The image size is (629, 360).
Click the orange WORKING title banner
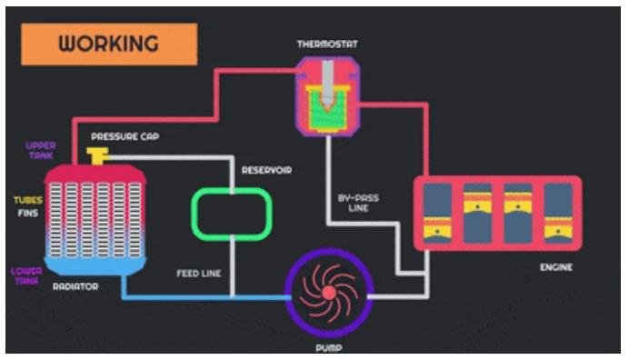pyautogui.click(x=109, y=45)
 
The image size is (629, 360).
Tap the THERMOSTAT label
pyautogui.click(x=327, y=45)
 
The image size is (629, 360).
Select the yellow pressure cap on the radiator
pyautogui.click(x=97, y=155)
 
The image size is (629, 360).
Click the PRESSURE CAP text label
pyautogui.click(x=125, y=136)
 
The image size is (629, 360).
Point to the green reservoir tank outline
pyautogui.click(x=232, y=192)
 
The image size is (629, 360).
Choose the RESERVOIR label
pyautogui.click(x=266, y=170)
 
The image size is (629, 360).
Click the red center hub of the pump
pyautogui.click(x=329, y=293)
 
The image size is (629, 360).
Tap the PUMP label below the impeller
pyautogui.click(x=329, y=348)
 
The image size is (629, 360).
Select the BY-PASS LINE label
pyautogui.click(x=358, y=203)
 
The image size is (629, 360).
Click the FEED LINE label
pyautogui.click(x=199, y=274)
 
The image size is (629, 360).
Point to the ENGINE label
pyautogui.click(x=556, y=267)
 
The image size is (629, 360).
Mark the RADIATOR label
pyautogui.click(x=75, y=286)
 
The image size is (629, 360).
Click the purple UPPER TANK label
pyautogui.click(x=41, y=151)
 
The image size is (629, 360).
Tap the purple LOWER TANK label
pyautogui.click(x=26, y=276)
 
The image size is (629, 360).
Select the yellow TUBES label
pyautogui.click(x=28, y=200)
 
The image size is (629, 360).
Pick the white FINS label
pyautogui.click(x=28, y=213)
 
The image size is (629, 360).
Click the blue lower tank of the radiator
pyautogui.click(x=95, y=265)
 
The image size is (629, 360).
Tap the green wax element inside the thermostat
pyautogui.click(x=327, y=113)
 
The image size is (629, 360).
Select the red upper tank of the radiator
pyautogui.click(x=95, y=174)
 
